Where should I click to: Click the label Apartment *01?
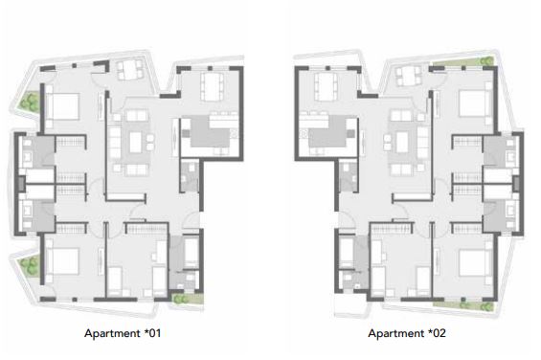point(123,333)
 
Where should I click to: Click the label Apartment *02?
point(407,333)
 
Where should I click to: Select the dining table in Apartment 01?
point(212,86)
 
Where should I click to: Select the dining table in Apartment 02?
point(327,86)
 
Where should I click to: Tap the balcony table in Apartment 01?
point(130,70)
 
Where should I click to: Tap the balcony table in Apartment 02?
point(410,76)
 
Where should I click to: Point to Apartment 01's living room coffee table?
point(136,143)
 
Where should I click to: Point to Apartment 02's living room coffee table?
point(402,143)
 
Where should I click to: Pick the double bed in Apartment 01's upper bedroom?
point(62,106)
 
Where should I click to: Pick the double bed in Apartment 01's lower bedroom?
point(62,261)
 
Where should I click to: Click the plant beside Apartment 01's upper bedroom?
point(30,101)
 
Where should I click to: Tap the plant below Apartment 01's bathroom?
point(181,298)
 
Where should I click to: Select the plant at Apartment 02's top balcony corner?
point(486,61)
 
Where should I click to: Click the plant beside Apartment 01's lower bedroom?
point(30,266)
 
